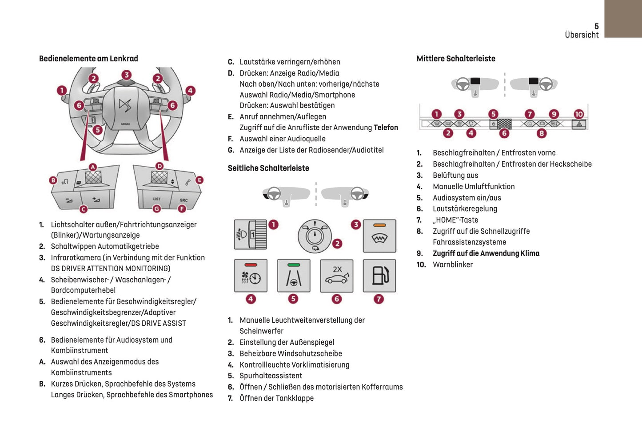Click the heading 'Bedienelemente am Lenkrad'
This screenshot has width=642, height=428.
[x=88, y=59]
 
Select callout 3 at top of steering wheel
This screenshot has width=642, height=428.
[x=127, y=75]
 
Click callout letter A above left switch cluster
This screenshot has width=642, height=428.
[x=92, y=167]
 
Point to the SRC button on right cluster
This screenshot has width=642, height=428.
[x=183, y=200]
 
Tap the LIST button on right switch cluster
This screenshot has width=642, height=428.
[x=157, y=199]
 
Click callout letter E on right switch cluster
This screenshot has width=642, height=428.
[x=199, y=180]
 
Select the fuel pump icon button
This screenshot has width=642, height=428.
[x=379, y=276]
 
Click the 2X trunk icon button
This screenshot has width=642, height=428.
[x=337, y=276]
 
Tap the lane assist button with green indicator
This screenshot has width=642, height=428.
[x=294, y=276]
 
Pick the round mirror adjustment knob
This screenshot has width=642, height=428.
[x=315, y=236]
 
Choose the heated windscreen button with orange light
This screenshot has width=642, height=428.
[x=379, y=236]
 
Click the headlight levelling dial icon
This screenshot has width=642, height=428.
[x=251, y=234]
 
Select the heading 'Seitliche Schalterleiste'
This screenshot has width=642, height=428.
[x=268, y=168]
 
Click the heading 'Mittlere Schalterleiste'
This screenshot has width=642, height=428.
[x=456, y=59]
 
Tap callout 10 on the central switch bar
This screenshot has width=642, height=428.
[x=578, y=114]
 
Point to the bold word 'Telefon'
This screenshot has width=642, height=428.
[x=386, y=128]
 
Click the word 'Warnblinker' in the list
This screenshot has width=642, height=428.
[x=453, y=264]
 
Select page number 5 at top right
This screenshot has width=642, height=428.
[x=596, y=26]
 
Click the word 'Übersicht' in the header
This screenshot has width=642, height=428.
[x=582, y=35]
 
